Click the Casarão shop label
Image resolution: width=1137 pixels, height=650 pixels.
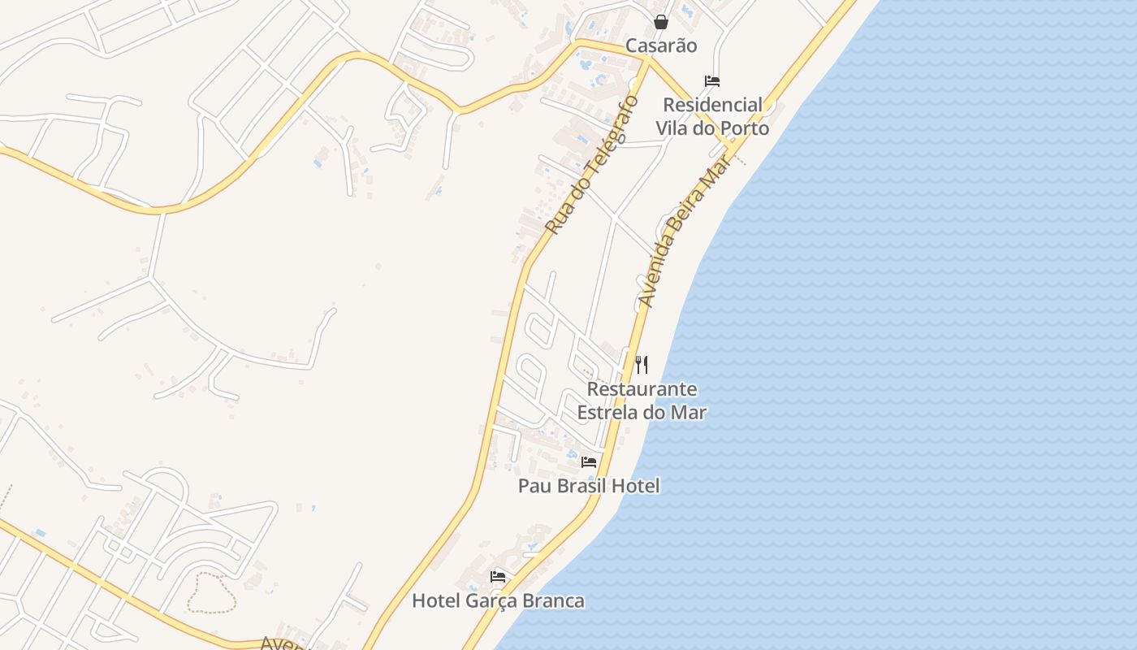click(x=661, y=45)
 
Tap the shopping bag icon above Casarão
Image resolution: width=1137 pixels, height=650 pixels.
click(x=661, y=22)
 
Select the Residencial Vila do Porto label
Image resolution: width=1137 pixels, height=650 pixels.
click(x=712, y=116)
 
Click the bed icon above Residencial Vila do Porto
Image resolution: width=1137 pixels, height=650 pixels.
click(x=712, y=80)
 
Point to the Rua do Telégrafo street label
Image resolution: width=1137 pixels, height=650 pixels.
click(x=593, y=165)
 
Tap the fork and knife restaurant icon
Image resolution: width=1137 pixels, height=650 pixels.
click(x=642, y=364)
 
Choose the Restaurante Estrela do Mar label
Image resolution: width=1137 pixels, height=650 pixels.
click(x=642, y=401)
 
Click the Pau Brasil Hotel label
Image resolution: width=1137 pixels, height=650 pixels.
click(x=589, y=486)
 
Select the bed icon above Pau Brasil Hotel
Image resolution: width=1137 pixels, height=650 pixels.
click(x=589, y=462)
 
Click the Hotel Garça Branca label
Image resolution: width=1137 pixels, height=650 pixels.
click(x=498, y=601)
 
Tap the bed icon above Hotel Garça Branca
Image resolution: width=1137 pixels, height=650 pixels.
click(x=498, y=577)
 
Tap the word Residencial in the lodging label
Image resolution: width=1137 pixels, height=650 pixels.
click(x=712, y=105)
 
